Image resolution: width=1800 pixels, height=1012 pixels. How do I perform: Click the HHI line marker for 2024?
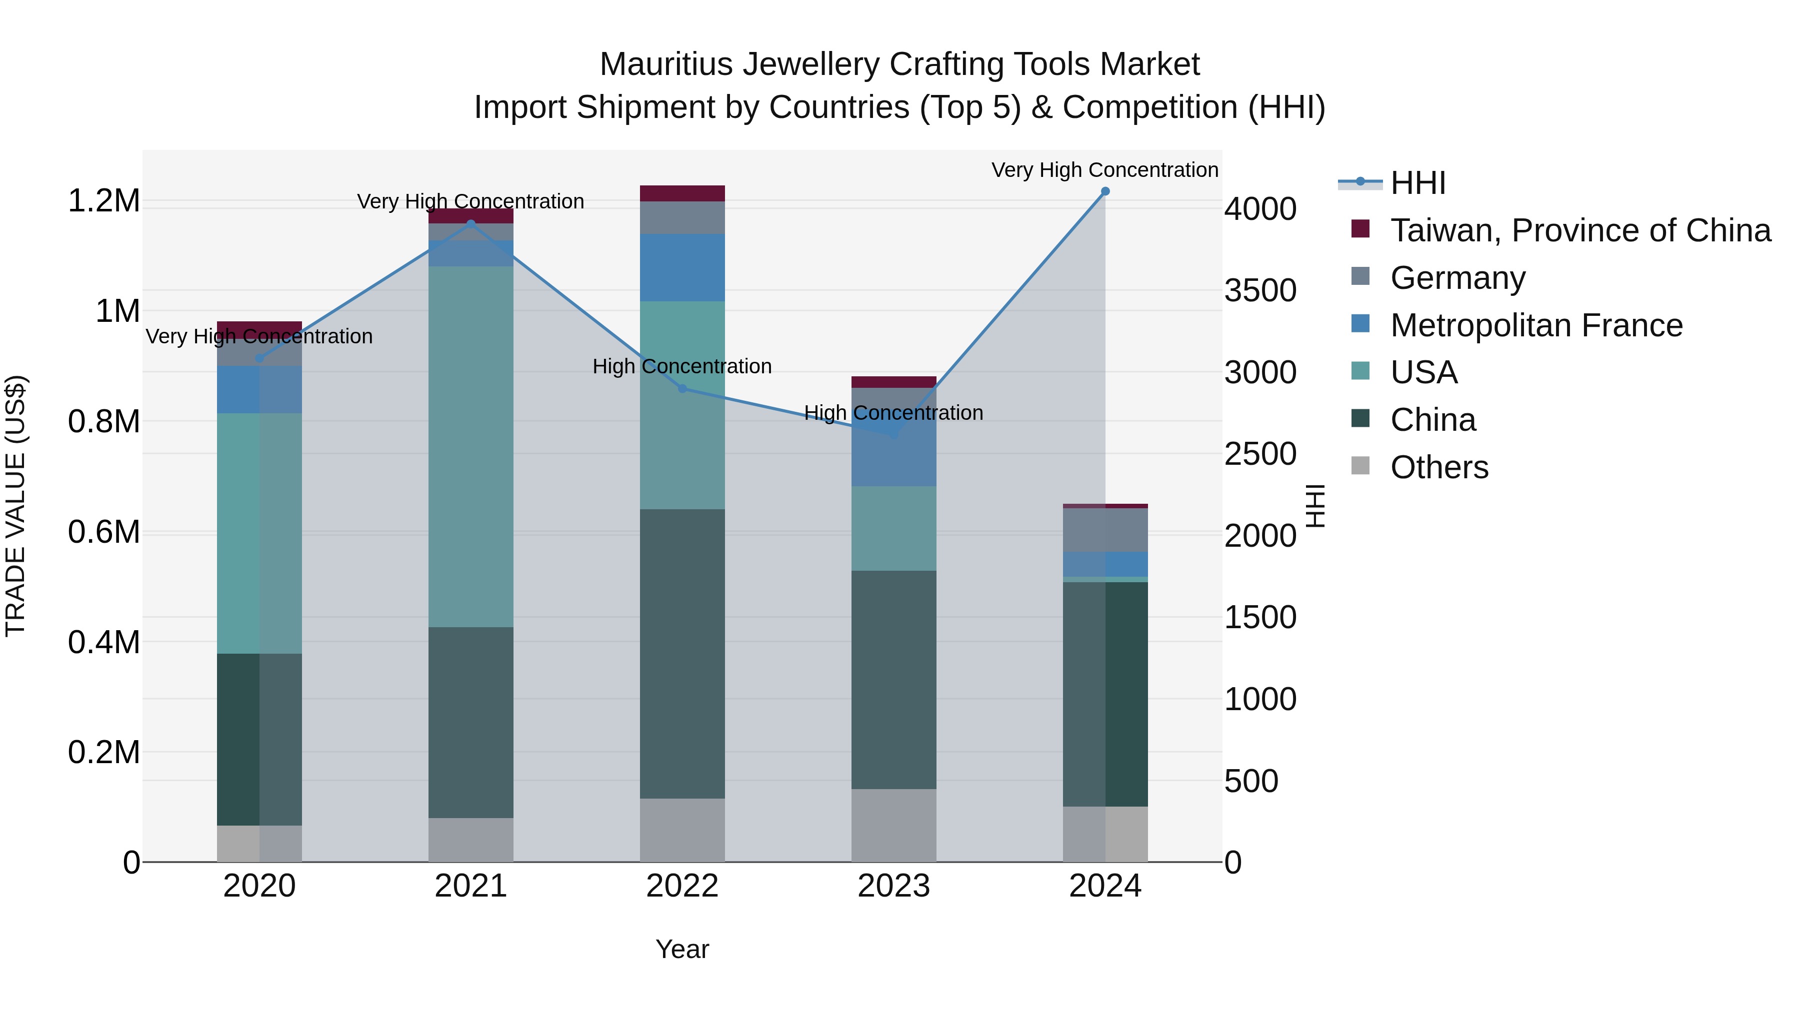click(1104, 191)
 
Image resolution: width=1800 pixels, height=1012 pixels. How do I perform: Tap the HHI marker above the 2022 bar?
click(682, 388)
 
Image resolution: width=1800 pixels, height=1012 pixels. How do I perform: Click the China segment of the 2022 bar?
click(682, 653)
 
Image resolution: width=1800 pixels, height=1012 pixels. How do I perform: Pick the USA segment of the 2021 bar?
click(471, 447)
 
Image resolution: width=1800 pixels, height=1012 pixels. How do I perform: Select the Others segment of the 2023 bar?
click(893, 826)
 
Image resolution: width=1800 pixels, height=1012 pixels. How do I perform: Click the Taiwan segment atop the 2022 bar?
click(682, 193)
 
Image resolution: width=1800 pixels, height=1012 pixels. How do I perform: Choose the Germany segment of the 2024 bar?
click(1104, 530)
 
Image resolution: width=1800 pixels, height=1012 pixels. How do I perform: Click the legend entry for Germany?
click(1457, 278)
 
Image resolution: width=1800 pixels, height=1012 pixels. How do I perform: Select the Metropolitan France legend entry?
click(1536, 325)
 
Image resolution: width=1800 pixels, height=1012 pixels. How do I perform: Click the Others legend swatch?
click(1360, 466)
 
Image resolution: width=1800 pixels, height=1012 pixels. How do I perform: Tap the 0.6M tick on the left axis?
click(103, 532)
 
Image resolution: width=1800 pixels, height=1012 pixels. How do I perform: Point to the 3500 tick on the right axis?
click(1260, 290)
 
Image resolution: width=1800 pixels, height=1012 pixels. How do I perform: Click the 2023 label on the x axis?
click(893, 886)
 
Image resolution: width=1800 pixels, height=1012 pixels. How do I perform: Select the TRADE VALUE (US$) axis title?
click(15, 506)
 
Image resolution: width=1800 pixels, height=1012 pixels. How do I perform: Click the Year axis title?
click(682, 949)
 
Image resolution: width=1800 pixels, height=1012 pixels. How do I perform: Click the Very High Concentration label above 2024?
click(1104, 170)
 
